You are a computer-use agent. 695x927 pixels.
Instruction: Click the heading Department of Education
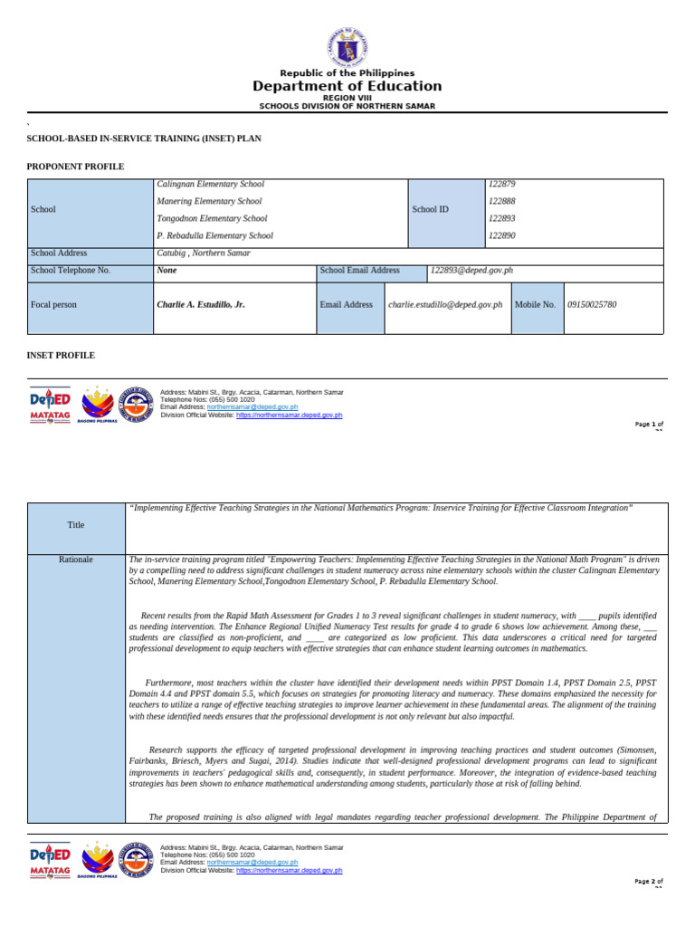click(347, 87)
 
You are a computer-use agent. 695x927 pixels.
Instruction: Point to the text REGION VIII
click(347, 98)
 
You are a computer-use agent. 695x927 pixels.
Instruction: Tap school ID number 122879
click(501, 184)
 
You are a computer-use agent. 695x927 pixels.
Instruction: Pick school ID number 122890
click(501, 235)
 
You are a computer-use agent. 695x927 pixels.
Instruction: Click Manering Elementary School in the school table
click(209, 201)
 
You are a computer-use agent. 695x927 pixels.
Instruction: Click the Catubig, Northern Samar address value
click(203, 253)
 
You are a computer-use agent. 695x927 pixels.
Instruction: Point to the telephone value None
click(167, 270)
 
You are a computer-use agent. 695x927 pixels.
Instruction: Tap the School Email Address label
click(359, 270)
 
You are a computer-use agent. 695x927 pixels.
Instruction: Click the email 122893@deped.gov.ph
click(472, 270)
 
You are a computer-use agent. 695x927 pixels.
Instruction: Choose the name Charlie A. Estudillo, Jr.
click(201, 305)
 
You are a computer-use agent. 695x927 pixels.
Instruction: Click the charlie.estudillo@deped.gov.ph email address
click(445, 305)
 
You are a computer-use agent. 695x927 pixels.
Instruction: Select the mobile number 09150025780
click(593, 305)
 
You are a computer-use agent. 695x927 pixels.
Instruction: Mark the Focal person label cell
click(54, 305)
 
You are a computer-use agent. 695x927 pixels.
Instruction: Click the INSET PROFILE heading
click(61, 356)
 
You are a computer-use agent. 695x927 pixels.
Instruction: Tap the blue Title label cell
click(76, 525)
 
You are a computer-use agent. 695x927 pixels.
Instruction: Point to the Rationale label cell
click(76, 559)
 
